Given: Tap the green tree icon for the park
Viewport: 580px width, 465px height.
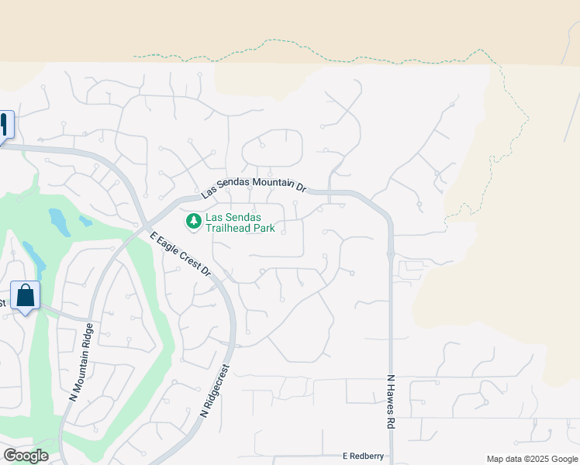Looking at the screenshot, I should (193, 222).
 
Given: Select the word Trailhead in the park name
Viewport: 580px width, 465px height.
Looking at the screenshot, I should (233, 229).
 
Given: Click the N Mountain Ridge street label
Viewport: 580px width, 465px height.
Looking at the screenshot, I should (82, 361).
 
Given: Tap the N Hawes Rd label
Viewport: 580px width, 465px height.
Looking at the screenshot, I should (391, 402).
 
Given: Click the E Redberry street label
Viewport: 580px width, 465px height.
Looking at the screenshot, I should (363, 456).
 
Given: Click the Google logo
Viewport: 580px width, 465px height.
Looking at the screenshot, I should (26, 456).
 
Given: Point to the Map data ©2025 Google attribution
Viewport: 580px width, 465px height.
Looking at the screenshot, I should (531, 459).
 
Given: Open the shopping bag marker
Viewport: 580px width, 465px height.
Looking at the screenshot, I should (25, 295).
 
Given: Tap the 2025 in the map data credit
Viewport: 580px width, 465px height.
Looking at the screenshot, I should (536, 459).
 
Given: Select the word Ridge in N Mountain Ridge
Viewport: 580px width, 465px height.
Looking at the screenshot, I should (88, 336).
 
